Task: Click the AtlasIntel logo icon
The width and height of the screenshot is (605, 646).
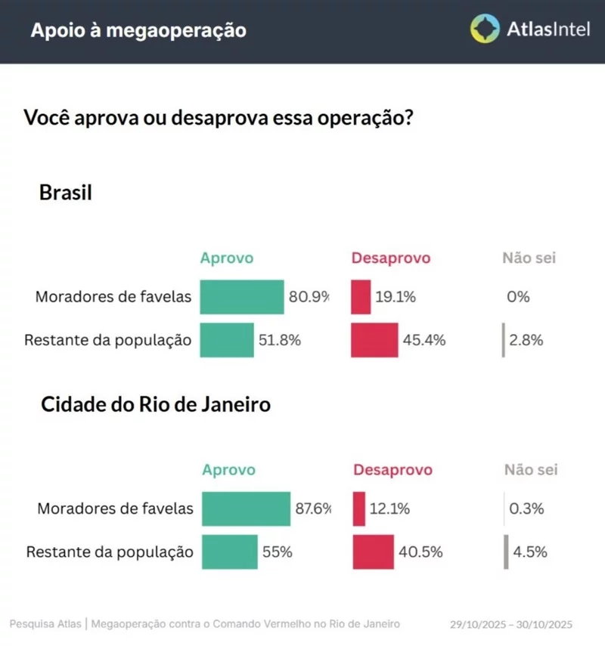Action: [x=485, y=29]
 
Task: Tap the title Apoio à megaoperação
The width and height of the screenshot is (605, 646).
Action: [x=138, y=31]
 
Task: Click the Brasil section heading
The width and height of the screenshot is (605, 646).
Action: [x=66, y=193]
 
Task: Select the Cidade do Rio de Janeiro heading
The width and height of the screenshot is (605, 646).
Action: [x=155, y=405]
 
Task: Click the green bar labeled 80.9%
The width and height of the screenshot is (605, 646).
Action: [x=241, y=297]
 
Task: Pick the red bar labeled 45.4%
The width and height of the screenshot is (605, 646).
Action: [x=374, y=340]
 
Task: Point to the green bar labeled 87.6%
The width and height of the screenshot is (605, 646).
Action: [x=247, y=508]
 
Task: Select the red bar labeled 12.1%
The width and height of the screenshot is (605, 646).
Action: [x=359, y=508]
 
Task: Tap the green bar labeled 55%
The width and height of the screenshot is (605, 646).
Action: [x=230, y=552]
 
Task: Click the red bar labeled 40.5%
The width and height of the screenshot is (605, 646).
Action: [x=374, y=552]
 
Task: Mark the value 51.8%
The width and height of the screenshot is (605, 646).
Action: [x=281, y=340]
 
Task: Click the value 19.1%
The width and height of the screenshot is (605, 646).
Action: [x=396, y=297]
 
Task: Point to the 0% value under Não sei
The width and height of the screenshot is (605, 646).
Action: [x=518, y=297]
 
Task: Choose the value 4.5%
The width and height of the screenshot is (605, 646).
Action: [x=529, y=552]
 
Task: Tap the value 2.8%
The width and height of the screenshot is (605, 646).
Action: [x=526, y=340]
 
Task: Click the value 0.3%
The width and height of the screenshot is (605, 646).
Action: [x=526, y=508]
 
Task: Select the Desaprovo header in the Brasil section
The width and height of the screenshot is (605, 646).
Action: [x=391, y=258]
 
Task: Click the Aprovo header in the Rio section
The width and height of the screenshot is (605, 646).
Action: [x=229, y=470]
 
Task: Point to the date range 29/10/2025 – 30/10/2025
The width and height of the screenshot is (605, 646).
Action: [x=511, y=624]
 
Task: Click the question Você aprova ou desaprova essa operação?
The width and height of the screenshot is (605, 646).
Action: [x=219, y=119]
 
